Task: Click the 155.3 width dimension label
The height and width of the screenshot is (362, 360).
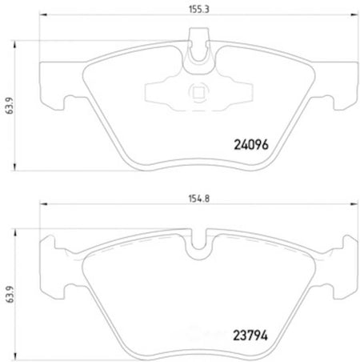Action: [x=199, y=9]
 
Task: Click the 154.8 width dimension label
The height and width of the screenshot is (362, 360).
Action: [x=199, y=199]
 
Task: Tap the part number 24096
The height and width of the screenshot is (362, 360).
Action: [x=251, y=145]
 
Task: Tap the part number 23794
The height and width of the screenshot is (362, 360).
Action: [x=250, y=336]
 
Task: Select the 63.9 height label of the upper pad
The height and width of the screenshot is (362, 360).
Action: [x=10, y=106]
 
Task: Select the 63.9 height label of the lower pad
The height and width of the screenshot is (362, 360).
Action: [x=10, y=294]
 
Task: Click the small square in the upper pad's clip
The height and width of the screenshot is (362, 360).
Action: [x=198, y=93]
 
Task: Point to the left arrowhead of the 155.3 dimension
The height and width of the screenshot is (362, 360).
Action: [x=43, y=14]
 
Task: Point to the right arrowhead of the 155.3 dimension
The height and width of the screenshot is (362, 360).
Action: [x=354, y=14]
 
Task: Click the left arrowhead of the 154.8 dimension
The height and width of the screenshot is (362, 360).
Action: [x=43, y=204]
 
